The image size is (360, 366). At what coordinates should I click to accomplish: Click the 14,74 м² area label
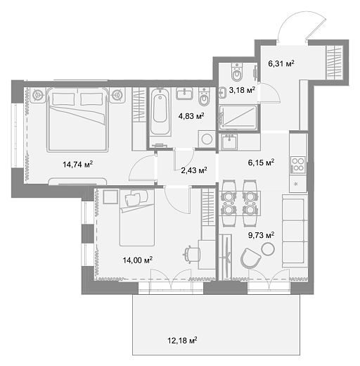click(77, 164)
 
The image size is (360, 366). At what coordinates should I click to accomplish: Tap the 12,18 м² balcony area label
click(182, 340)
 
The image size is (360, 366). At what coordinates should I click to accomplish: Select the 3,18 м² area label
click(242, 90)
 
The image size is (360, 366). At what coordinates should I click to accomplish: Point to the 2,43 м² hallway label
click(194, 170)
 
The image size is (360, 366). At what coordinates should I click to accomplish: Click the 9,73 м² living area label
click(261, 235)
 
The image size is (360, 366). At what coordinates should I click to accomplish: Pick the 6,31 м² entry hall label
click(281, 63)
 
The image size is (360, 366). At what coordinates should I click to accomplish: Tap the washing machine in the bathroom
click(207, 139)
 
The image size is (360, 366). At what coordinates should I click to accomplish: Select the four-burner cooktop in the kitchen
click(298, 165)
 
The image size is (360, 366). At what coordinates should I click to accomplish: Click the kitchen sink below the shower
click(229, 142)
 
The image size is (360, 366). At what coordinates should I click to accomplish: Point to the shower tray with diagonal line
click(238, 118)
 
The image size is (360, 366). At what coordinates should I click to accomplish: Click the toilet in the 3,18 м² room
click(237, 72)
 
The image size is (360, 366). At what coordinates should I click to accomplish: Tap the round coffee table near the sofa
click(268, 249)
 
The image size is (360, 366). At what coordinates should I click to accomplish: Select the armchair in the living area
click(250, 258)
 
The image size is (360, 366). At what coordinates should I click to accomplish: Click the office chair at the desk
click(192, 254)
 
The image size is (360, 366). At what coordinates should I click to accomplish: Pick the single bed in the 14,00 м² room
click(137, 217)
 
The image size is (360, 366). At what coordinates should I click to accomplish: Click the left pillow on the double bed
click(63, 99)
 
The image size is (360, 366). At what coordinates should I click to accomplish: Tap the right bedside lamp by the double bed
click(117, 95)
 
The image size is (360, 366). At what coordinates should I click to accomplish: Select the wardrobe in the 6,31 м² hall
click(335, 62)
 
